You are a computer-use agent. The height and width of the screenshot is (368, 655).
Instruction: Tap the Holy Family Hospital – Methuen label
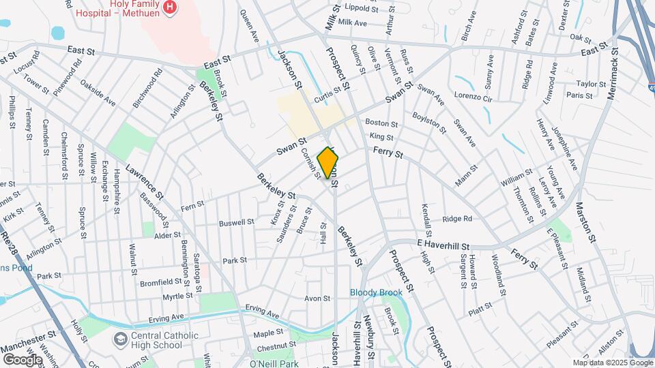[x=132, y=8]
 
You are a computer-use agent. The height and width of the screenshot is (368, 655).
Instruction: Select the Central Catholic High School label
[x=156, y=339]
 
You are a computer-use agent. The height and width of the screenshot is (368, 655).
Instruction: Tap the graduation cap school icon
[x=120, y=339]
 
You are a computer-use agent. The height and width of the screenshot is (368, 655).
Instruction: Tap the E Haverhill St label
[x=444, y=244]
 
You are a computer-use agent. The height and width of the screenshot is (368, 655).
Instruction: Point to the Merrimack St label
[x=611, y=72]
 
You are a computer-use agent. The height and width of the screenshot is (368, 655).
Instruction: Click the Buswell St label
[x=236, y=222]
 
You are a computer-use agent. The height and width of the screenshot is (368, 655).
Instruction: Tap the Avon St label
[x=317, y=298]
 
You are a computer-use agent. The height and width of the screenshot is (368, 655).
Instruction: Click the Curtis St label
[x=327, y=99]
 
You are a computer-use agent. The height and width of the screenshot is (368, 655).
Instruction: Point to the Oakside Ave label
[x=98, y=93]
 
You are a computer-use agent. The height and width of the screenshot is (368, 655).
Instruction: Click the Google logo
[x=23, y=359]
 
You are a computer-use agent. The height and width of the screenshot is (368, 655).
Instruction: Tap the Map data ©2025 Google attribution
[x=612, y=363]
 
